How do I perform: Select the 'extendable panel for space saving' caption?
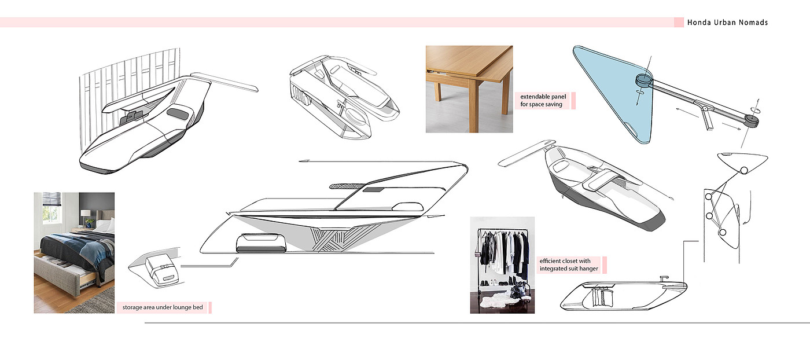543,101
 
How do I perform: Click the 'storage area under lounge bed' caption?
163,307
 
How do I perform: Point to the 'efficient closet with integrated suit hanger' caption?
569,265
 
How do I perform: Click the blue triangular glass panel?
614,90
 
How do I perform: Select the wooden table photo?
469,89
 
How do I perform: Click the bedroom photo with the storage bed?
74,252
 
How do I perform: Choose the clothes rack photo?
502,265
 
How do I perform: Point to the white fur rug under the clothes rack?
495,300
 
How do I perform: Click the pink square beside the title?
679,22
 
